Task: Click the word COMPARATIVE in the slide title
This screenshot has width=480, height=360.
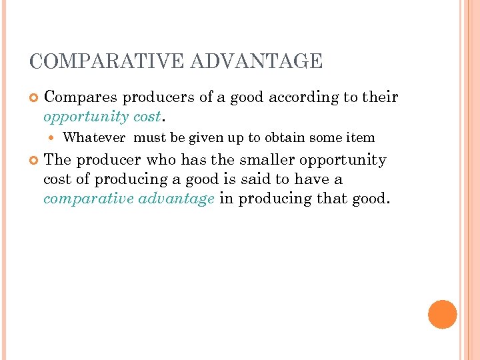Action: click(x=107, y=61)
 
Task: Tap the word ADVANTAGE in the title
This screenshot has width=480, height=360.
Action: click(x=257, y=61)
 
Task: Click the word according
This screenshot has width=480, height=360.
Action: click(x=304, y=97)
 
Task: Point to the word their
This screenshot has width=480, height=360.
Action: click(x=380, y=97)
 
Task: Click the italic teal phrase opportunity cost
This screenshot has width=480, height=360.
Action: click(x=101, y=117)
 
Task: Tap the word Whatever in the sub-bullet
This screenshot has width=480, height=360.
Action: click(x=94, y=138)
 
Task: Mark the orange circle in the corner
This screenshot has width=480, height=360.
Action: click(x=442, y=314)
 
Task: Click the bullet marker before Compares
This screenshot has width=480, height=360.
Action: click(x=33, y=98)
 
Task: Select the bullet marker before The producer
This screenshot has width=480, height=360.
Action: click(x=33, y=161)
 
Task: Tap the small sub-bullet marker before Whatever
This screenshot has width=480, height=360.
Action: click(x=54, y=138)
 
